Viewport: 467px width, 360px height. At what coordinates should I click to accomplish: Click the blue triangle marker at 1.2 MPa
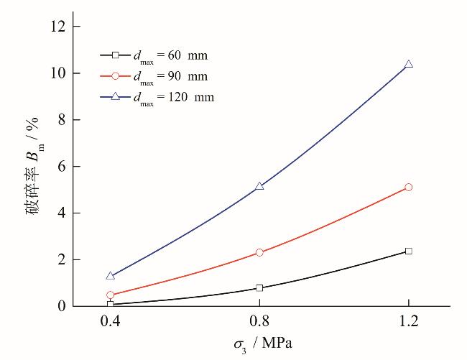pos(409,65)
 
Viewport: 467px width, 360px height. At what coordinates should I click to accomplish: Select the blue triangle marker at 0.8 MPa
pos(259,186)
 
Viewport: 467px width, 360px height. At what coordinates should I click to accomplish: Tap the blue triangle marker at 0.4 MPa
pos(110,275)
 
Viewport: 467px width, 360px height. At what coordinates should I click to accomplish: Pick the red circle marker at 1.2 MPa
pos(409,187)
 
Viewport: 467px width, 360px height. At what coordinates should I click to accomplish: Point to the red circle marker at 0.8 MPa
pos(259,252)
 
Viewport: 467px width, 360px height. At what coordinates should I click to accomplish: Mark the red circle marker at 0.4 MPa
pos(110,295)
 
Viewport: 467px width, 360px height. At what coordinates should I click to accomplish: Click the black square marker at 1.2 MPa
pos(409,251)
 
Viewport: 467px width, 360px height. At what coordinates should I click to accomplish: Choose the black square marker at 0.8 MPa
pos(259,288)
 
